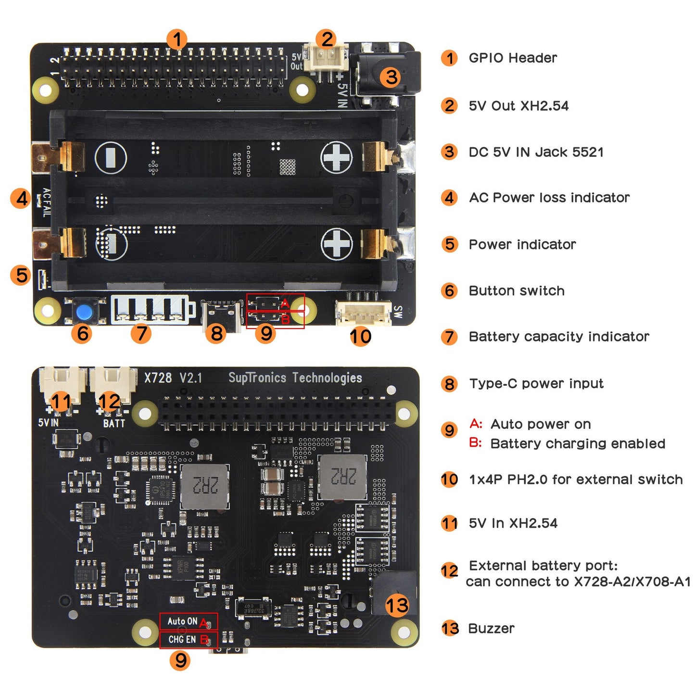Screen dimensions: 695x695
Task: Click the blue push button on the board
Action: click(x=85, y=312)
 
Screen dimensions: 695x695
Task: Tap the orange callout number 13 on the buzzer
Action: click(x=397, y=605)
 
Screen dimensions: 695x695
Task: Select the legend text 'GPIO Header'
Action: click(x=513, y=58)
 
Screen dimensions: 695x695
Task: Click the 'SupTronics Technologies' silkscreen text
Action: click(x=295, y=378)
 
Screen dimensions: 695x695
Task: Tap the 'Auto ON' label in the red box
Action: click(x=182, y=621)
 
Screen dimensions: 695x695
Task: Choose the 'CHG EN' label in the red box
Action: click(x=182, y=640)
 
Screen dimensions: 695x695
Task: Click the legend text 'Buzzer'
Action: click(x=491, y=629)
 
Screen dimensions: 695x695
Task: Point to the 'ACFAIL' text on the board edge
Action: click(x=46, y=202)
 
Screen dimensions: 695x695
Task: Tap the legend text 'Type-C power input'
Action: click(x=536, y=384)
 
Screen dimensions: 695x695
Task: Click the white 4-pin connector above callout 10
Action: click(x=363, y=313)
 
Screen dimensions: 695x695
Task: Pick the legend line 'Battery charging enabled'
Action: click(x=578, y=444)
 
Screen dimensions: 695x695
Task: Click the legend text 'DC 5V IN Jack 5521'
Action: click(x=536, y=152)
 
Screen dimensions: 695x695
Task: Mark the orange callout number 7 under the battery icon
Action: click(x=141, y=333)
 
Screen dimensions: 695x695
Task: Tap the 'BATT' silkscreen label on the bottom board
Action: click(x=114, y=424)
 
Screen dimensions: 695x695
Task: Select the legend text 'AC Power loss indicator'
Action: click(x=549, y=198)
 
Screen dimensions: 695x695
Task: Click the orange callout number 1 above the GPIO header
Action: click(x=177, y=39)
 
